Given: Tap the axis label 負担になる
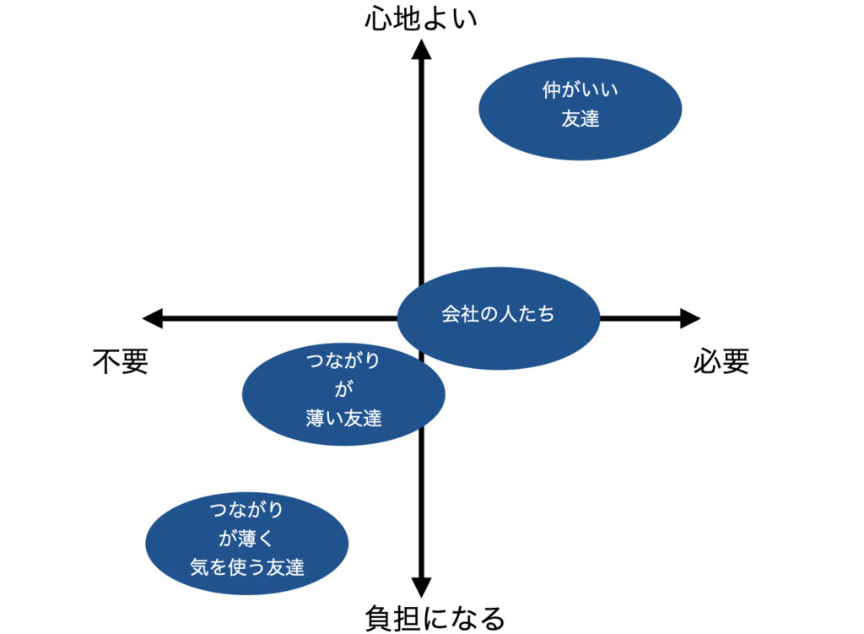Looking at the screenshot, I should (435, 617).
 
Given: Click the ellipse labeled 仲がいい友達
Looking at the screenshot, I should (580, 108).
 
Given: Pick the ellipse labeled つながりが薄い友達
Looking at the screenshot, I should (343, 393).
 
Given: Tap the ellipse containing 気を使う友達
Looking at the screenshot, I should (246, 543).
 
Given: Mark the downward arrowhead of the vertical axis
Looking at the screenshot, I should (421, 588).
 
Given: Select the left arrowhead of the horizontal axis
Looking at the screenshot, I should (153, 318).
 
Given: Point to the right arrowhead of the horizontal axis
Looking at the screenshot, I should (690, 318).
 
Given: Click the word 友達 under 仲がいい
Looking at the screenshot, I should (580, 119).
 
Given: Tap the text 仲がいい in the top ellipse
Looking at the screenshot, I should (580, 90).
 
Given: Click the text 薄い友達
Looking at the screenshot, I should (343, 417).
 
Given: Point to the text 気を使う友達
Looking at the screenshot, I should (246, 567).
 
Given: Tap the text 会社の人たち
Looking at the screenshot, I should (498, 314).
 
